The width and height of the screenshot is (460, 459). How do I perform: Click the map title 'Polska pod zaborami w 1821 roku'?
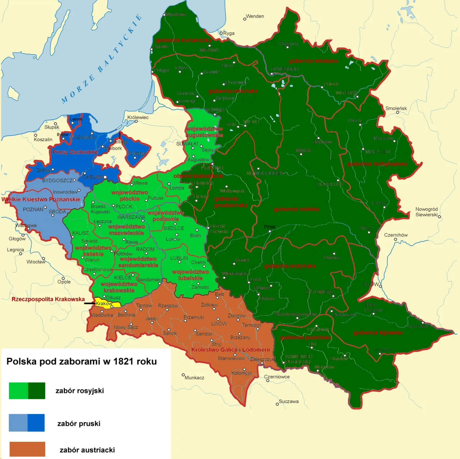coord(82,361)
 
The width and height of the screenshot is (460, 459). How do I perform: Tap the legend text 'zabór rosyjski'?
coord(79,391)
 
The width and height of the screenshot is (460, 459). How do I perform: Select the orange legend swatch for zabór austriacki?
coord(27,449)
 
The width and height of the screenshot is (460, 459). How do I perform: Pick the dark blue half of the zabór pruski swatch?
coord(36,423)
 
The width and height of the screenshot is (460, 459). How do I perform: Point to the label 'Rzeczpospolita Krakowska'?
coord(48,299)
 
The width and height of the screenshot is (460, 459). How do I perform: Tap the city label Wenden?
coord(255,16)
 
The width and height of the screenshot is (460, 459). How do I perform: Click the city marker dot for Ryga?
coord(221,33)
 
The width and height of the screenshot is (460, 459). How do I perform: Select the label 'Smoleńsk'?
coord(396,108)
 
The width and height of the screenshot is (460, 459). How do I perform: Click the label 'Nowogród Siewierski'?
coord(426,212)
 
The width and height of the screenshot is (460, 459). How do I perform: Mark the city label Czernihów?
coord(396,235)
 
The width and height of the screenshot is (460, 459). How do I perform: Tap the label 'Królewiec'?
coord(138,117)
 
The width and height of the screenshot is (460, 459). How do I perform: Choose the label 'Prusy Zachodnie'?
coord(75,152)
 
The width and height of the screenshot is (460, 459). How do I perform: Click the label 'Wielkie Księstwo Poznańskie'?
coord(41,199)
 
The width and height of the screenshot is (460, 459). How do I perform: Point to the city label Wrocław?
coord(36,262)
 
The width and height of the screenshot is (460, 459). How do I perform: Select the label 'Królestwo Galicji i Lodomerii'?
coord(230,350)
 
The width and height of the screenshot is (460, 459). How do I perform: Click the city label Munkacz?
coord(194,377)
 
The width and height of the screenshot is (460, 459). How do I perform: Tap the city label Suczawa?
coord(289,401)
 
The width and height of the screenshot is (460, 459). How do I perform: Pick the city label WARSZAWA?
coord(131,217)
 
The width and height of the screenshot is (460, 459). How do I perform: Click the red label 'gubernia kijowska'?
coord(378,332)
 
